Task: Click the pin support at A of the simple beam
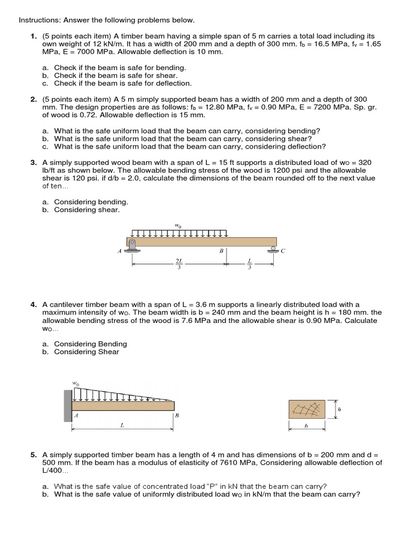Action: [x=132, y=245]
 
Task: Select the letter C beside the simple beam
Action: [x=283, y=251]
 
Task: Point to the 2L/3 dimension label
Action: [x=179, y=262]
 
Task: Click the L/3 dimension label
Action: [x=249, y=262]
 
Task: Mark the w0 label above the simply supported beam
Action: [x=178, y=226]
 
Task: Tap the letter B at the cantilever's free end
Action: [x=177, y=416]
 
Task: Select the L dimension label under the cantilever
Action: [x=122, y=426]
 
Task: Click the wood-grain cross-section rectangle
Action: [x=307, y=409]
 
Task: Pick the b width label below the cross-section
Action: [x=307, y=426]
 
